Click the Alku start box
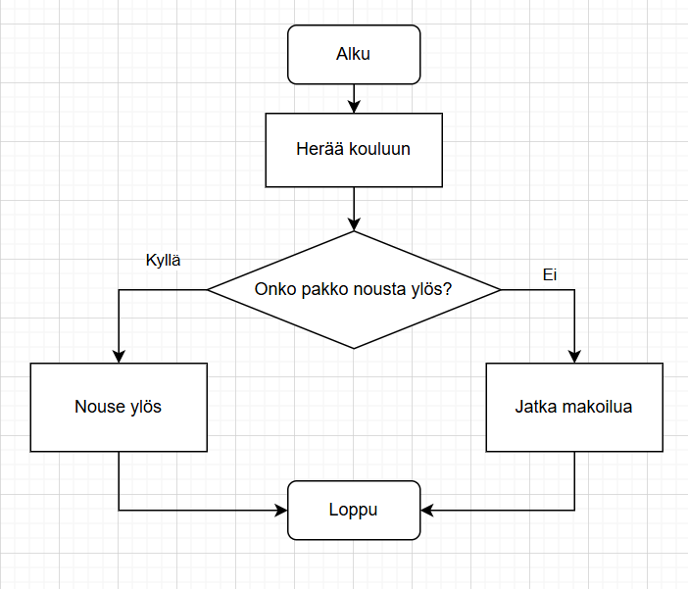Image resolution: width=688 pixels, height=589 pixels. [x=353, y=54]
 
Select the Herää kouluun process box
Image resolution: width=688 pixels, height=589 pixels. [x=353, y=150]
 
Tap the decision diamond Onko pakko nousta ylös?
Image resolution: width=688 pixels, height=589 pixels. [x=353, y=289]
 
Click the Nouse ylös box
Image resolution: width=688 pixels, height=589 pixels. [x=118, y=407]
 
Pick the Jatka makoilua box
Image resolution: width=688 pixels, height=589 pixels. [x=573, y=407]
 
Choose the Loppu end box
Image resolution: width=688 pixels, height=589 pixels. [x=353, y=510]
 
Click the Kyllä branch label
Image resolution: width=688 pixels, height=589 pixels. [x=163, y=261]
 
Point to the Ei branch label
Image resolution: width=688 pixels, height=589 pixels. [x=550, y=275]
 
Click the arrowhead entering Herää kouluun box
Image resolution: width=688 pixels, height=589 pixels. [x=353, y=107]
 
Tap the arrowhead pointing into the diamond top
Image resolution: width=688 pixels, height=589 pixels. [x=353, y=224]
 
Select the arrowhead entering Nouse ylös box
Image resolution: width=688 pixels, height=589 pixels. [x=118, y=357]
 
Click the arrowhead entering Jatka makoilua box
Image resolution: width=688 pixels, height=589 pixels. [x=574, y=357]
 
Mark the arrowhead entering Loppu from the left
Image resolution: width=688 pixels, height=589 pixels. [x=281, y=510]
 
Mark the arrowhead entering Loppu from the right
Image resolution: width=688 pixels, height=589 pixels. [x=426, y=510]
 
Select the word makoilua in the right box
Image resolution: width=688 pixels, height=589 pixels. [x=597, y=407]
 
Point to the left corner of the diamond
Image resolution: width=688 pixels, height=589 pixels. [x=209, y=289]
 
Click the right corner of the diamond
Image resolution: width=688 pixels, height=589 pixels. [x=499, y=289]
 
